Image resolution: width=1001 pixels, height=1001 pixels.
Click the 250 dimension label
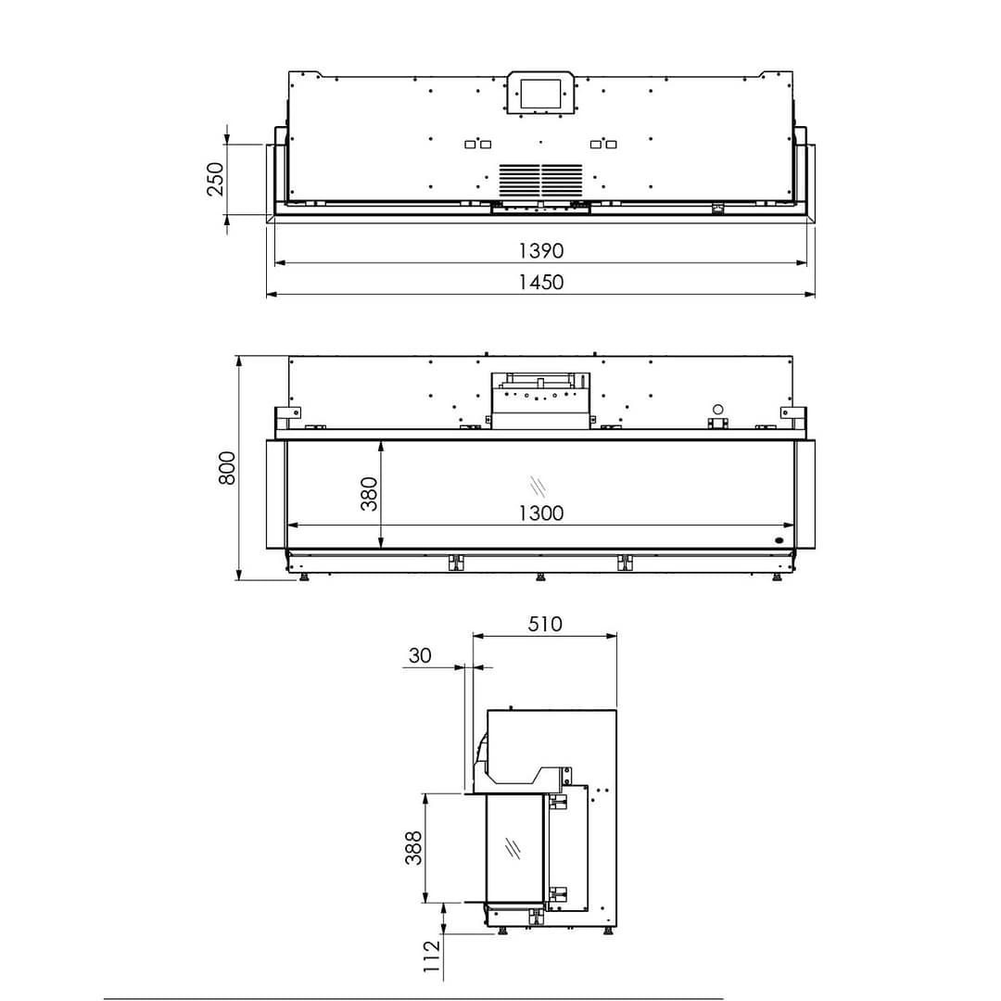tap(215, 179)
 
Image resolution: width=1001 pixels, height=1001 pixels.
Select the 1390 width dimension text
tap(540, 250)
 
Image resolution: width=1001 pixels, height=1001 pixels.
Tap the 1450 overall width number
tap(540, 282)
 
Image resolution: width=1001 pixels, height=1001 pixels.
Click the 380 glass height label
tap(369, 494)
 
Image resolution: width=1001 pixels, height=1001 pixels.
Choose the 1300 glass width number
tap(540, 513)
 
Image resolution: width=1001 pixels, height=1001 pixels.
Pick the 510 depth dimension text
tap(545, 624)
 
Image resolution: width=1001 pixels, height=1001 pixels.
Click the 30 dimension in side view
tap(420, 655)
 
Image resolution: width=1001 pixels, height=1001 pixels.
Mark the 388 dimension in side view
tap(413, 847)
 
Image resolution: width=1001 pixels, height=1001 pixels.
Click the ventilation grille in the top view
tap(541, 180)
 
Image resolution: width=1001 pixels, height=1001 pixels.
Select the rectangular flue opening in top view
tap(540, 93)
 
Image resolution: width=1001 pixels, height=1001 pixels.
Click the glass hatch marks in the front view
tap(538, 486)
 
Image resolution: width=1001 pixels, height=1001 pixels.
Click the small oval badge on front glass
tap(779, 539)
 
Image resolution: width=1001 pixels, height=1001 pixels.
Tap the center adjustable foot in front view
tap(540, 578)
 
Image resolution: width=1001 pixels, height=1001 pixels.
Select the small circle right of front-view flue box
tap(717, 409)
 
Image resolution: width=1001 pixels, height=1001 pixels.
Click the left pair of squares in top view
tap(477, 144)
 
